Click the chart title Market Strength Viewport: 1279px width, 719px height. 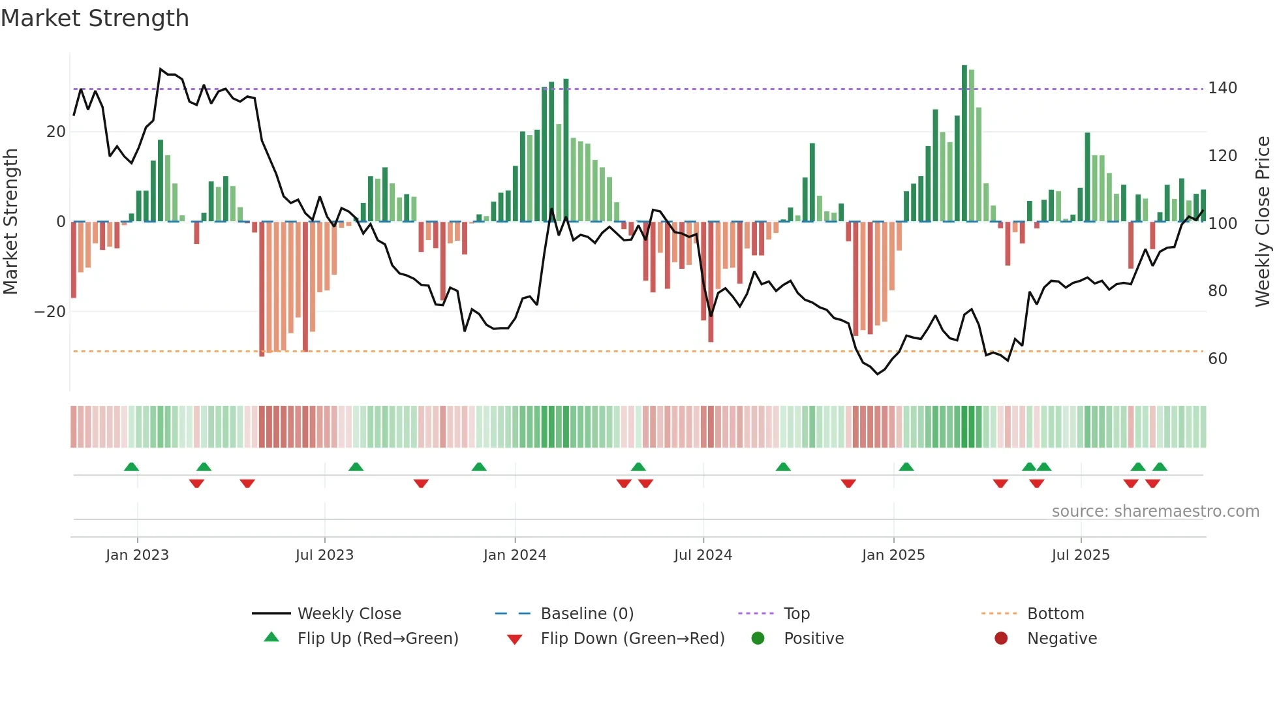coord(95,18)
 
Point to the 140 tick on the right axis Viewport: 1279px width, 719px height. coord(1222,88)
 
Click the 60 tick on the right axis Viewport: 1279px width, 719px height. coord(1217,358)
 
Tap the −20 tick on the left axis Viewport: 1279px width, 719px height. coord(50,312)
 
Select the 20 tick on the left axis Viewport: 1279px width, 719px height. coord(55,132)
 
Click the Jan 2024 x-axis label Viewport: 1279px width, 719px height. coord(514,555)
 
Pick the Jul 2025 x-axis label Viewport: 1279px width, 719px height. coord(1080,555)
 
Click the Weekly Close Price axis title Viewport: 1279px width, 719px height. coord(1263,221)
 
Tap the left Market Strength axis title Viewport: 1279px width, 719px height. coord(11,221)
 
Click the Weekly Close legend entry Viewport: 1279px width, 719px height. coord(348,614)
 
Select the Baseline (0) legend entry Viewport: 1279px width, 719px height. coord(587,614)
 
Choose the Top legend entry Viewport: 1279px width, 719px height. coord(796,614)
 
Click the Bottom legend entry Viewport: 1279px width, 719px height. coord(1055,614)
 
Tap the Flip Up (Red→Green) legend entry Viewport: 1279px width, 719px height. coord(377,639)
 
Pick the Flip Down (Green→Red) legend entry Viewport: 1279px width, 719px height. coord(632,639)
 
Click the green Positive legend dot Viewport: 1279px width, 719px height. coord(758,638)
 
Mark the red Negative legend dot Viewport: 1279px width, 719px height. coord(1001,638)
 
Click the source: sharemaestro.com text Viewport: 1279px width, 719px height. coord(1155,512)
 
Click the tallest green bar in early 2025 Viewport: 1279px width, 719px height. coord(964,144)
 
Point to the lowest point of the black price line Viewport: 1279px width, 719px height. coord(878,374)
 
